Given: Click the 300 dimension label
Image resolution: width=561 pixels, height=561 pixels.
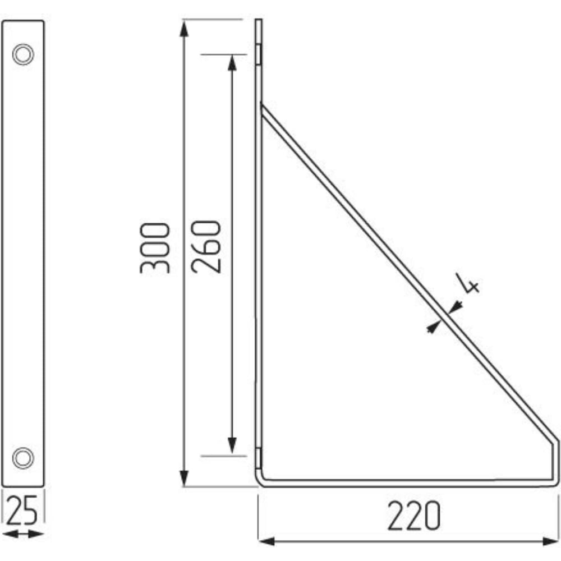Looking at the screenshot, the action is point(155,249).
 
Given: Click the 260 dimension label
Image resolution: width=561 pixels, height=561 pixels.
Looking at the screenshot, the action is point(206,247).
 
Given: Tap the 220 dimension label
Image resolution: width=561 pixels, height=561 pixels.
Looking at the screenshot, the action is point(414,516).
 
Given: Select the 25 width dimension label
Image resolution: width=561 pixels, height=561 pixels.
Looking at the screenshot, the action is point(22,510).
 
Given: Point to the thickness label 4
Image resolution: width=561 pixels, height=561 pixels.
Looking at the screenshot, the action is point(467,283).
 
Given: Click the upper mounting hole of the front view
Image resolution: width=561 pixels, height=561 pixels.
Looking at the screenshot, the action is point(23,54).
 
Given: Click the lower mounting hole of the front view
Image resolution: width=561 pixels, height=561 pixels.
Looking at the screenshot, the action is point(23,458).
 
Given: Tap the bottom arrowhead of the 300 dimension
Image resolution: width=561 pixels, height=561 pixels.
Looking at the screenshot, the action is point(184,478).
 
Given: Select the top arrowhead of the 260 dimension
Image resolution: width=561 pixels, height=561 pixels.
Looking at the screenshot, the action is point(232,63).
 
